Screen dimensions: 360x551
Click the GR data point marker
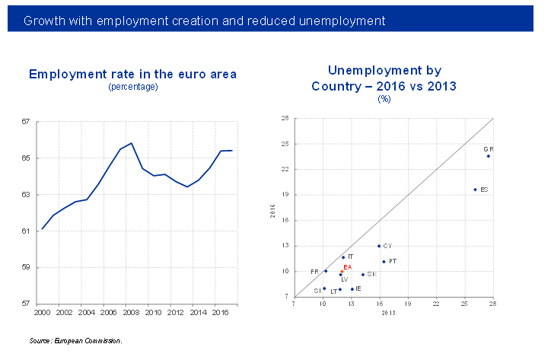pos(489,156)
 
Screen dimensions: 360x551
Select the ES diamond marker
pos(475,190)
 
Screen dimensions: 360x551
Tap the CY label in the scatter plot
pos(387,246)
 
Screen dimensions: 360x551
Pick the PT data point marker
pos(384,262)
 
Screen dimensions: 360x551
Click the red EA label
pos(347,267)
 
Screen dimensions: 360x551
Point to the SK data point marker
pos(363,275)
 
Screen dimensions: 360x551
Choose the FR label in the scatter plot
pos(314,272)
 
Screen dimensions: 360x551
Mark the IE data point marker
pos(352,289)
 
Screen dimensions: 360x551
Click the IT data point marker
pos(343,257)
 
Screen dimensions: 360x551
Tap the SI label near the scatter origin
pos(317,291)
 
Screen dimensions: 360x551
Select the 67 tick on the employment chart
pos(25,122)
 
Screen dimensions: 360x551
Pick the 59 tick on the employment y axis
pos(25,267)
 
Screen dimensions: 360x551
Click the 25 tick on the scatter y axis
pos(284,144)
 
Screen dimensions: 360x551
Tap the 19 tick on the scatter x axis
pos(408,304)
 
